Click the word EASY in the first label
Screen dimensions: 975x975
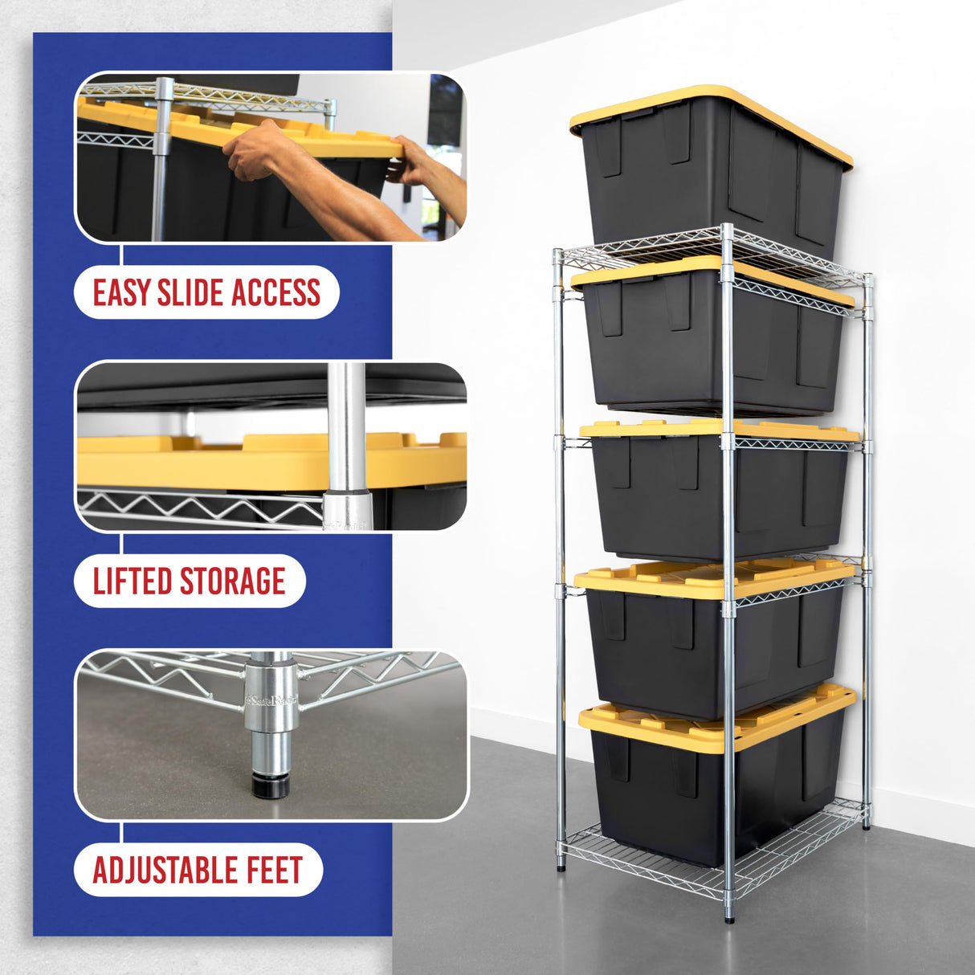pos(121,293)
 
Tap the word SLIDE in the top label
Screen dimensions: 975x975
pos(190,293)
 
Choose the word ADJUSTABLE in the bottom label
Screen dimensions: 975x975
pos(165,871)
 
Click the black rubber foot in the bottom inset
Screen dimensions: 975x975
pos(271,785)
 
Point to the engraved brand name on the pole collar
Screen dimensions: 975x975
pos(271,700)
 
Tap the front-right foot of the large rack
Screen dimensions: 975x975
pos(728,916)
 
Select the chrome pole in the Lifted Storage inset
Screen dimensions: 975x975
pos(347,442)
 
